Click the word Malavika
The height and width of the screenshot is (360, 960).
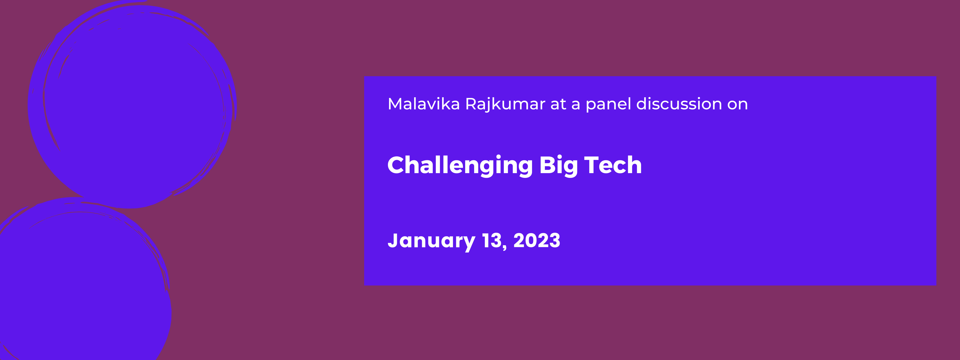click(424, 104)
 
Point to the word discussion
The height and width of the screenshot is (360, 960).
click(679, 104)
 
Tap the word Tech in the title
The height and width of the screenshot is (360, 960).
click(613, 165)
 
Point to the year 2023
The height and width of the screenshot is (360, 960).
click(537, 240)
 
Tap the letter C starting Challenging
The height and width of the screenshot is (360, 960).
click(398, 165)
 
